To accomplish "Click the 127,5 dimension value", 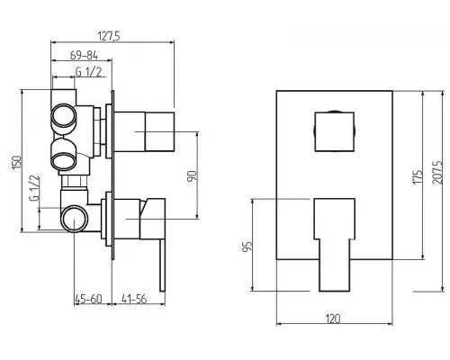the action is pyautogui.click(x=109, y=36).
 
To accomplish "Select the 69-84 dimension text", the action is pyautogui.click(x=84, y=56).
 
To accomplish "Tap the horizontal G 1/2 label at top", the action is pyautogui.click(x=88, y=72).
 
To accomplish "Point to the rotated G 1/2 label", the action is pyautogui.click(x=34, y=188).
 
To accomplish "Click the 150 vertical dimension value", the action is pyautogui.click(x=17, y=162).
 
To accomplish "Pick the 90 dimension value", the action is pyautogui.click(x=192, y=175).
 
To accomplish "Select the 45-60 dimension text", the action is pyautogui.click(x=88, y=299).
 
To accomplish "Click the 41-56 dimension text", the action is pyautogui.click(x=134, y=299).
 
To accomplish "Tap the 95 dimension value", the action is pyautogui.click(x=247, y=247).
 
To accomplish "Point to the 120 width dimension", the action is pyautogui.click(x=333, y=319).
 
